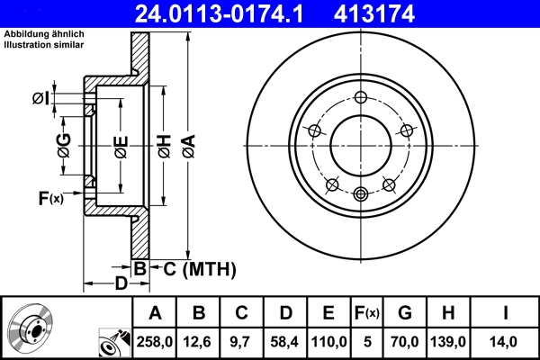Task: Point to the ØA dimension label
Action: (x=187, y=146)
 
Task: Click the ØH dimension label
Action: (x=165, y=146)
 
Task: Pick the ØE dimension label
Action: (x=121, y=146)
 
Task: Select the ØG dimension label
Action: (x=64, y=146)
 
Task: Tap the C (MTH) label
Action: (x=199, y=268)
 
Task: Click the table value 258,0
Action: (x=156, y=342)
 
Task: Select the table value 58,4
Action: (x=286, y=342)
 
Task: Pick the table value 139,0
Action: (x=449, y=342)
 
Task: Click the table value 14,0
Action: (x=504, y=342)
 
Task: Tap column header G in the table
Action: (x=405, y=313)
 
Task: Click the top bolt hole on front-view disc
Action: (x=361, y=99)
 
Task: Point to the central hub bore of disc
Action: (x=361, y=146)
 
